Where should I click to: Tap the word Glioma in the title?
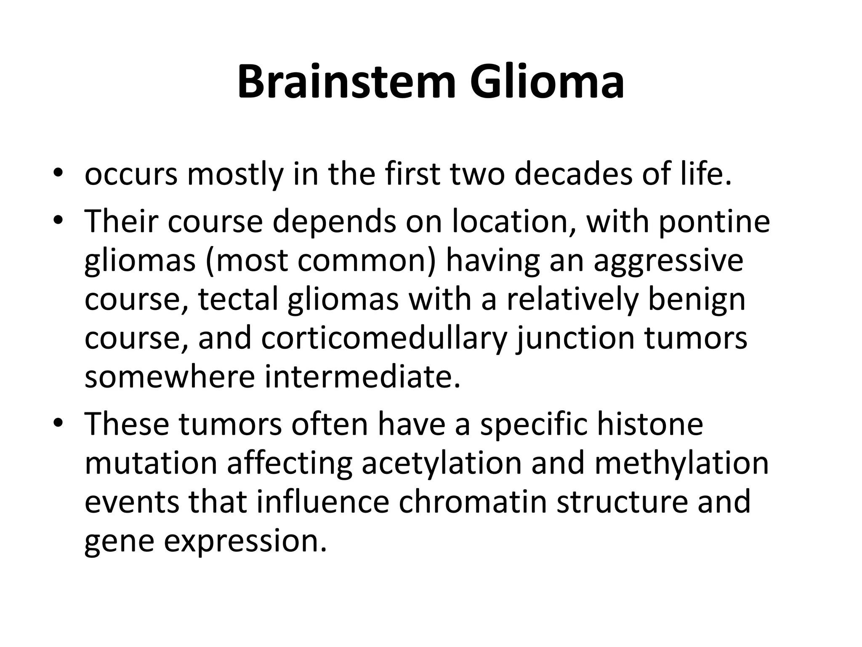547,82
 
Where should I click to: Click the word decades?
573,174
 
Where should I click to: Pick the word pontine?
714,222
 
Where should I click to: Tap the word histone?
650,423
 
